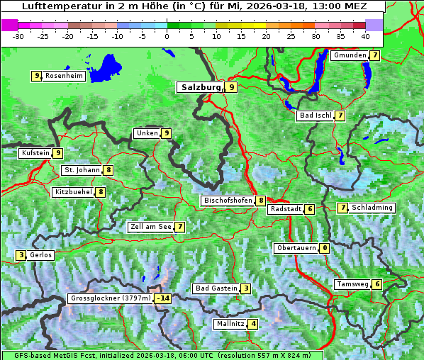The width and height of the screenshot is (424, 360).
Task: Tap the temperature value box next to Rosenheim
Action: [x=36, y=76]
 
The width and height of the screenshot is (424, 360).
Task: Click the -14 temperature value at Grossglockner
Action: [x=164, y=298]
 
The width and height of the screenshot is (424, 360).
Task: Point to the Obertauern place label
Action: [x=296, y=248]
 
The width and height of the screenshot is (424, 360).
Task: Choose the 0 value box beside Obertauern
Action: [x=324, y=248]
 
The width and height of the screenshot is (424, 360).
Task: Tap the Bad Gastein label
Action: [x=216, y=288]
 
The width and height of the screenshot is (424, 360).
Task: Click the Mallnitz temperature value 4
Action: [x=253, y=324]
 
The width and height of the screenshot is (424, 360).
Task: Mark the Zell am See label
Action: [x=151, y=227]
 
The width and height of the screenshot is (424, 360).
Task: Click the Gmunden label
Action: [x=350, y=55]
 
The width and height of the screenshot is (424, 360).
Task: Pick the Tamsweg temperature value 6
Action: [x=377, y=284]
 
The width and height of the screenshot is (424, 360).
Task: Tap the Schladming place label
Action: [x=372, y=208]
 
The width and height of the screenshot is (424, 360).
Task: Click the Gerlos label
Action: [x=41, y=255]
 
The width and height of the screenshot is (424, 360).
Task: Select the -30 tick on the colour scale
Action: [x=18, y=35]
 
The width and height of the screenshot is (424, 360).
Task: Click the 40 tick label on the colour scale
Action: [x=364, y=35]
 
